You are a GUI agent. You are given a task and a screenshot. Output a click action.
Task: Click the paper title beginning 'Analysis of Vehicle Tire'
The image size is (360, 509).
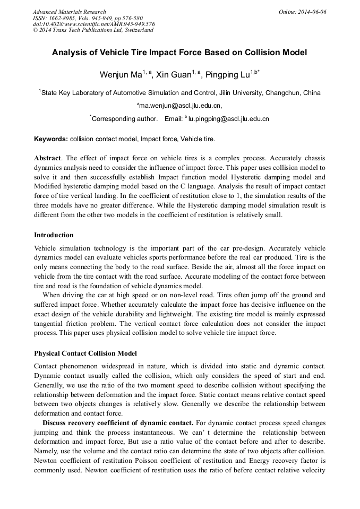(179, 53)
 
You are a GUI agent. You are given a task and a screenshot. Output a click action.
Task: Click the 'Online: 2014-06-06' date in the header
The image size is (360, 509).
(302, 12)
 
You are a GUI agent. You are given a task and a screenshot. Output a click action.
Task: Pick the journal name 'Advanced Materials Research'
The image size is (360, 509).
(69, 12)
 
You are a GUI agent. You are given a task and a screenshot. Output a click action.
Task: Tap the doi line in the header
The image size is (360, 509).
(93, 24)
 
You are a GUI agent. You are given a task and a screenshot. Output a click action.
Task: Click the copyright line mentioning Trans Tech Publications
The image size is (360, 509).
(93, 30)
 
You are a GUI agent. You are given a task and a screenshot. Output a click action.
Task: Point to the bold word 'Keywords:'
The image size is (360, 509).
(51, 139)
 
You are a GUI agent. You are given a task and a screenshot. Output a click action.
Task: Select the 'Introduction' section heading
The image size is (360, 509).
(54, 235)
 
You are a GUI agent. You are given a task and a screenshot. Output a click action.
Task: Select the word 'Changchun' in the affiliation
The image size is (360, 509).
(283, 92)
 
